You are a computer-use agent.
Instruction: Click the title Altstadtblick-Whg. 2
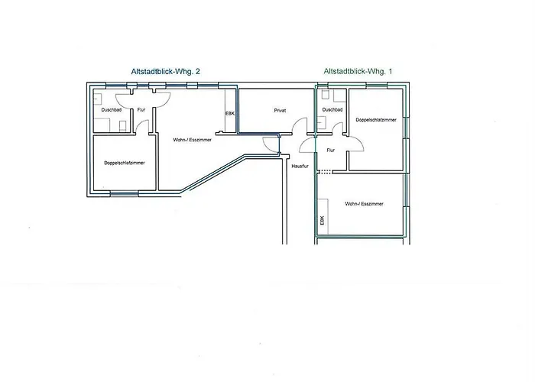[166, 72]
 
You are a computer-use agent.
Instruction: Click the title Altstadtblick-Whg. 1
[358, 72]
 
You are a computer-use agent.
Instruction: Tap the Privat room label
[280, 111]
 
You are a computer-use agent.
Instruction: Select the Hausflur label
[300, 166]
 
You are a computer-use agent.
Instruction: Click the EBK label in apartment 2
[230, 114]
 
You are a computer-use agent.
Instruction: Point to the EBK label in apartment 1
[322, 220]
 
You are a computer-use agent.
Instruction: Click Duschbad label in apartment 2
[112, 110]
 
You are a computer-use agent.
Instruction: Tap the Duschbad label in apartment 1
[332, 110]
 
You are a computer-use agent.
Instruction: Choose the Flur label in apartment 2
[141, 110]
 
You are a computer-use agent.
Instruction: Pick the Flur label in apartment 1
[331, 150]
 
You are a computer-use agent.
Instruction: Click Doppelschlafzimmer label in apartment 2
[125, 163]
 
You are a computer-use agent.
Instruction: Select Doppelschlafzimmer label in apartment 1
[376, 120]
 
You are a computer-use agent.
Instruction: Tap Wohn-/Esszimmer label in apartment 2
[192, 140]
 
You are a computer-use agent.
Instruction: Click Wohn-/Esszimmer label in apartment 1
[364, 204]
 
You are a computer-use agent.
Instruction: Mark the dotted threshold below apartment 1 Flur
[324, 172]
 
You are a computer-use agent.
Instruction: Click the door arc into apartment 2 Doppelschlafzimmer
[140, 124]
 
